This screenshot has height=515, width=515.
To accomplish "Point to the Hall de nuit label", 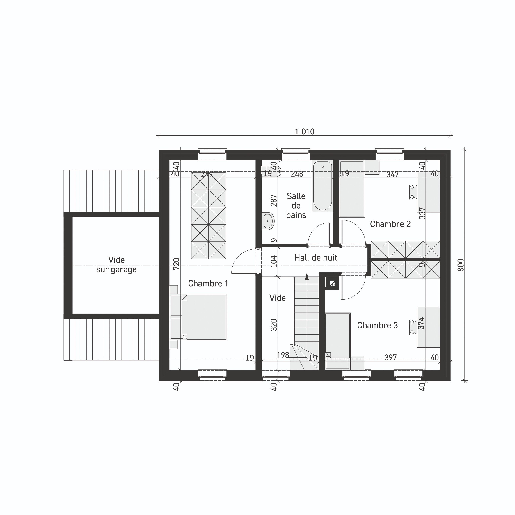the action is pos(316,257).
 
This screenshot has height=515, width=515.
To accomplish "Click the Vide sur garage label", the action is pos(116,265).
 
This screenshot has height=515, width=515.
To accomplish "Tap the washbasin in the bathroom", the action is pos(268,221).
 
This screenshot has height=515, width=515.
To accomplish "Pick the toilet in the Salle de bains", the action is pos(272,171).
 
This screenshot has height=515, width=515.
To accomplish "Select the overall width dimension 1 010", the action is pos(305,132).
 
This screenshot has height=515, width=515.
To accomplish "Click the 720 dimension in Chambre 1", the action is pos(176,264).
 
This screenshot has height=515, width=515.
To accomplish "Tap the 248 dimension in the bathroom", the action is pos(297,174).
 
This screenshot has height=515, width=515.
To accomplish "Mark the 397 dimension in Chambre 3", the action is pos(390,357).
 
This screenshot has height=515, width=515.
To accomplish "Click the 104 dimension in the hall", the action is pos(274,261).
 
